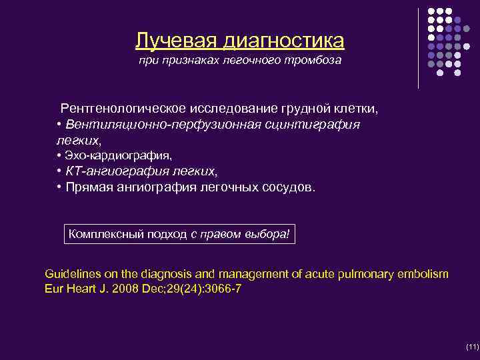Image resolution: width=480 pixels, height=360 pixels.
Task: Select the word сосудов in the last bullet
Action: point(286,187)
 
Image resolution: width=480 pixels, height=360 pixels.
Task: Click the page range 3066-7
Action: point(217,289)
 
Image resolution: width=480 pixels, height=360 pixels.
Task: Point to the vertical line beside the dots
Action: point(419,47)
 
